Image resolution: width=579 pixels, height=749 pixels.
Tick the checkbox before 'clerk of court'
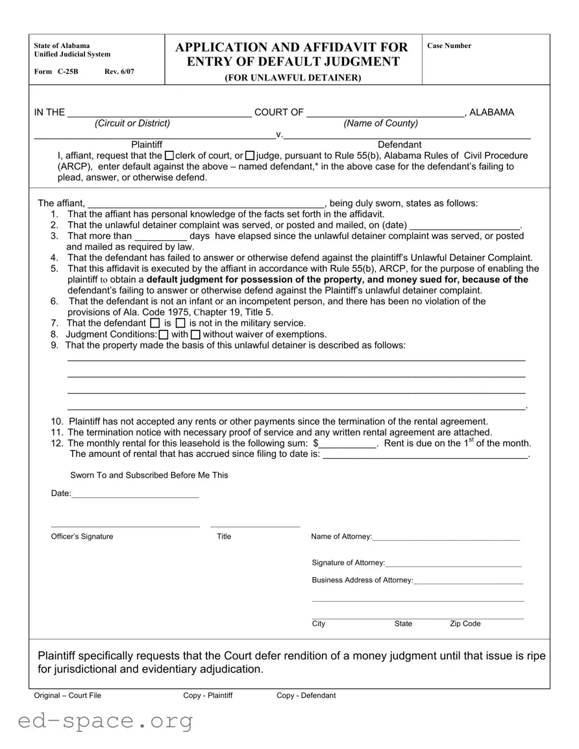169,156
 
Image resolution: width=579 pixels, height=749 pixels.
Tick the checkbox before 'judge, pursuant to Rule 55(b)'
250,156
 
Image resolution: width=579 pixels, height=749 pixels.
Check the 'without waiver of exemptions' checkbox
196,335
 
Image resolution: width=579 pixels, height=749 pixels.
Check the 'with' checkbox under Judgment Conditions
164,335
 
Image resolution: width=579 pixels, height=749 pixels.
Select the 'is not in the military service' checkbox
180,323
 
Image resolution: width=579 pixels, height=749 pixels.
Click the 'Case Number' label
449,46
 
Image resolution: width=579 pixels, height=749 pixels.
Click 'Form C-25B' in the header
56,71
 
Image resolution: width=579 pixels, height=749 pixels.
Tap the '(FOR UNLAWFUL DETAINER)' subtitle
293,78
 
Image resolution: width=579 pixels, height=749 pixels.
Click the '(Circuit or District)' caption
132,123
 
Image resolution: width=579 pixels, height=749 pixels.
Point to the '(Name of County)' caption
381,123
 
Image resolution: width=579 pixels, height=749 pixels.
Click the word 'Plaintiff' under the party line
147,145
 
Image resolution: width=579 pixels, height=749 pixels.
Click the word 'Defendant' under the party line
399,145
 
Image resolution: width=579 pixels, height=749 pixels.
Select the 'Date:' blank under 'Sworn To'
135,495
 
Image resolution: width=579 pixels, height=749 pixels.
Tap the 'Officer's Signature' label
82,537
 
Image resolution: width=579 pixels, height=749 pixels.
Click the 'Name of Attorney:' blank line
446,537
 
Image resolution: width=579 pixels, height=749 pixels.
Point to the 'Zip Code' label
465,624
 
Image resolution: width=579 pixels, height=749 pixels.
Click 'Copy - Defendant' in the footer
306,696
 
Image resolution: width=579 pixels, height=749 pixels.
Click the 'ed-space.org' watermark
106,721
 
